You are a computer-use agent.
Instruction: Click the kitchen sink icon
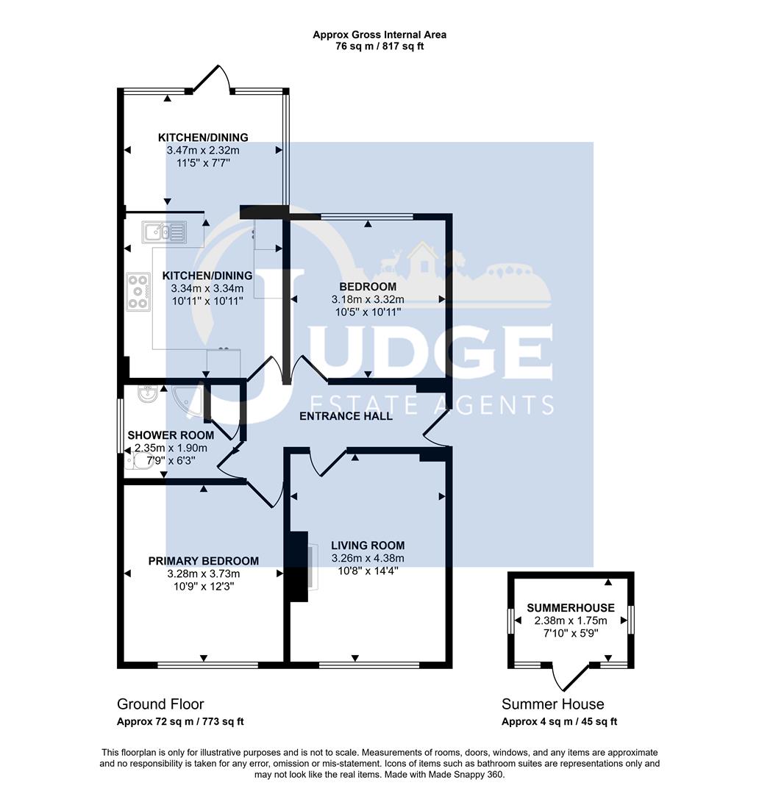click(166, 232)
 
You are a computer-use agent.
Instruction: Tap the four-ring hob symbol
click(138, 291)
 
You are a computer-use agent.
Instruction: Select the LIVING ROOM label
click(368, 546)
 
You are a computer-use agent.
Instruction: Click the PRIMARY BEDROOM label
click(204, 561)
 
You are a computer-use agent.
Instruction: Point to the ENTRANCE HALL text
click(346, 416)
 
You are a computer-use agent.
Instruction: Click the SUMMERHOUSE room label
click(570, 609)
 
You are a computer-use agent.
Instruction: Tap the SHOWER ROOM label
click(171, 435)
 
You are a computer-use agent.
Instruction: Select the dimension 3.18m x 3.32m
click(368, 299)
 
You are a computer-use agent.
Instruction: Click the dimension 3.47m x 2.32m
click(204, 150)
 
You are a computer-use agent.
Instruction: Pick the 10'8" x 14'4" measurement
click(368, 571)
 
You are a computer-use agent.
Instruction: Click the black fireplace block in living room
click(298, 566)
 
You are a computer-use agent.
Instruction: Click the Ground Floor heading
click(160, 704)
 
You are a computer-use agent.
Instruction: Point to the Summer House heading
click(552, 704)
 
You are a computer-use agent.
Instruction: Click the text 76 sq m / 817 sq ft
click(379, 46)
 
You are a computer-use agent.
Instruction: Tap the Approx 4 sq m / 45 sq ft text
click(559, 722)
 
